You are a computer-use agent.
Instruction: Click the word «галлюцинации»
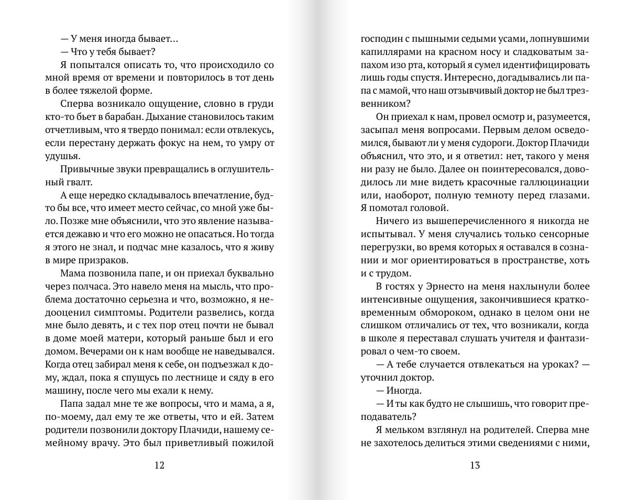coord(552,182)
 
